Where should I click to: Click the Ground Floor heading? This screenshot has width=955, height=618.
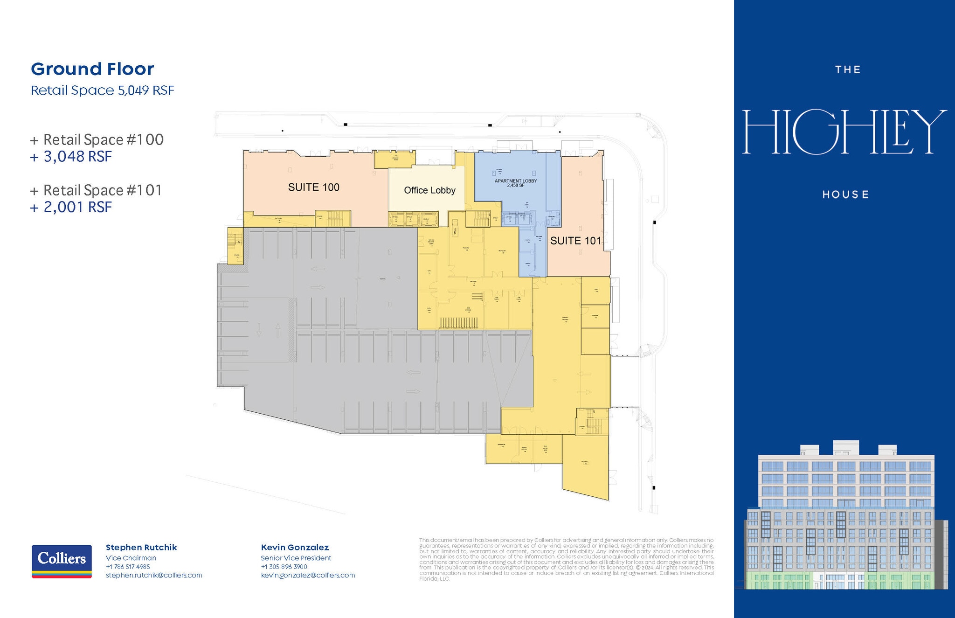click(92, 69)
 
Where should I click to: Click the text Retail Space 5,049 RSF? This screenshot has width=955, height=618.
click(102, 90)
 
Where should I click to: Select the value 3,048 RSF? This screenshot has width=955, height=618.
click(77, 157)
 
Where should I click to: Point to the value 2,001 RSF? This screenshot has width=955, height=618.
click(77, 207)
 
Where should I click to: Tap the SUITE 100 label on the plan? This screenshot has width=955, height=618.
click(313, 187)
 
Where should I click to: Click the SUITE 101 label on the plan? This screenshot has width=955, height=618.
click(575, 241)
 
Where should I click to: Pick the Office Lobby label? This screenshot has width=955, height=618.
click(429, 190)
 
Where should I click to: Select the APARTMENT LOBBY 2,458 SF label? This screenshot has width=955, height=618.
click(515, 183)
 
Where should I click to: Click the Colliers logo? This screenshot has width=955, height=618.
click(62, 561)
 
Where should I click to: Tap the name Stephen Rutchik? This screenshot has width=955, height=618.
click(141, 548)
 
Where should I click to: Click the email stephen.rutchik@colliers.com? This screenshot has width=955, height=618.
click(154, 576)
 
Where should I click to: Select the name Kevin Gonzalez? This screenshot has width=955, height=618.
click(295, 548)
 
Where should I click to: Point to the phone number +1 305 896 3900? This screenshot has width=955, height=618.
click(284, 567)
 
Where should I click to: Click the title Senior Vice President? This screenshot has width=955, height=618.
click(296, 558)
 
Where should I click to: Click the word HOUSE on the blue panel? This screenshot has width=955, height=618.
click(845, 194)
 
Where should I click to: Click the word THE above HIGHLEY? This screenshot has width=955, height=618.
click(848, 70)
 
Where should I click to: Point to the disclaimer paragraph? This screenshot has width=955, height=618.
click(566, 559)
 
